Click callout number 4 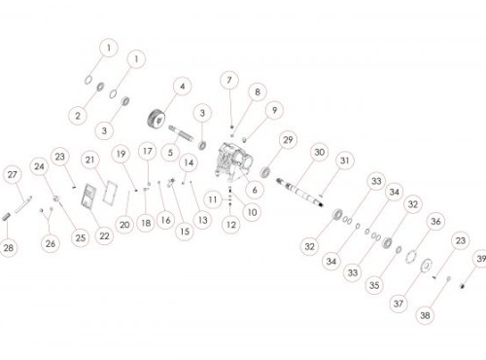click(x=183, y=87)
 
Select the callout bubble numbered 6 click(x=255, y=190)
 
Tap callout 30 click(x=320, y=152)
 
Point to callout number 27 click(x=13, y=175)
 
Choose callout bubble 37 click(x=399, y=304)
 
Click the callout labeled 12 click(x=231, y=225)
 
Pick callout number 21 click(x=89, y=160)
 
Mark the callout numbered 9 click(x=274, y=110)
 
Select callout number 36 click(x=435, y=222)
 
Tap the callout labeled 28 click(x=9, y=248)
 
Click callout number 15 click(x=185, y=232)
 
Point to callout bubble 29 click(x=288, y=140)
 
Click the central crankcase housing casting click(x=236, y=161)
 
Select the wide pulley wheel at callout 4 click(x=156, y=120)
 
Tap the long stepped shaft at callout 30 click(x=300, y=192)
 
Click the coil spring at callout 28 click(x=7, y=216)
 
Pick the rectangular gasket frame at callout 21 click(x=111, y=193)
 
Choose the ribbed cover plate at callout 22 click(x=88, y=196)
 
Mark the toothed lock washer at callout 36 click(x=411, y=256)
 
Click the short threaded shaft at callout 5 click(x=181, y=133)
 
